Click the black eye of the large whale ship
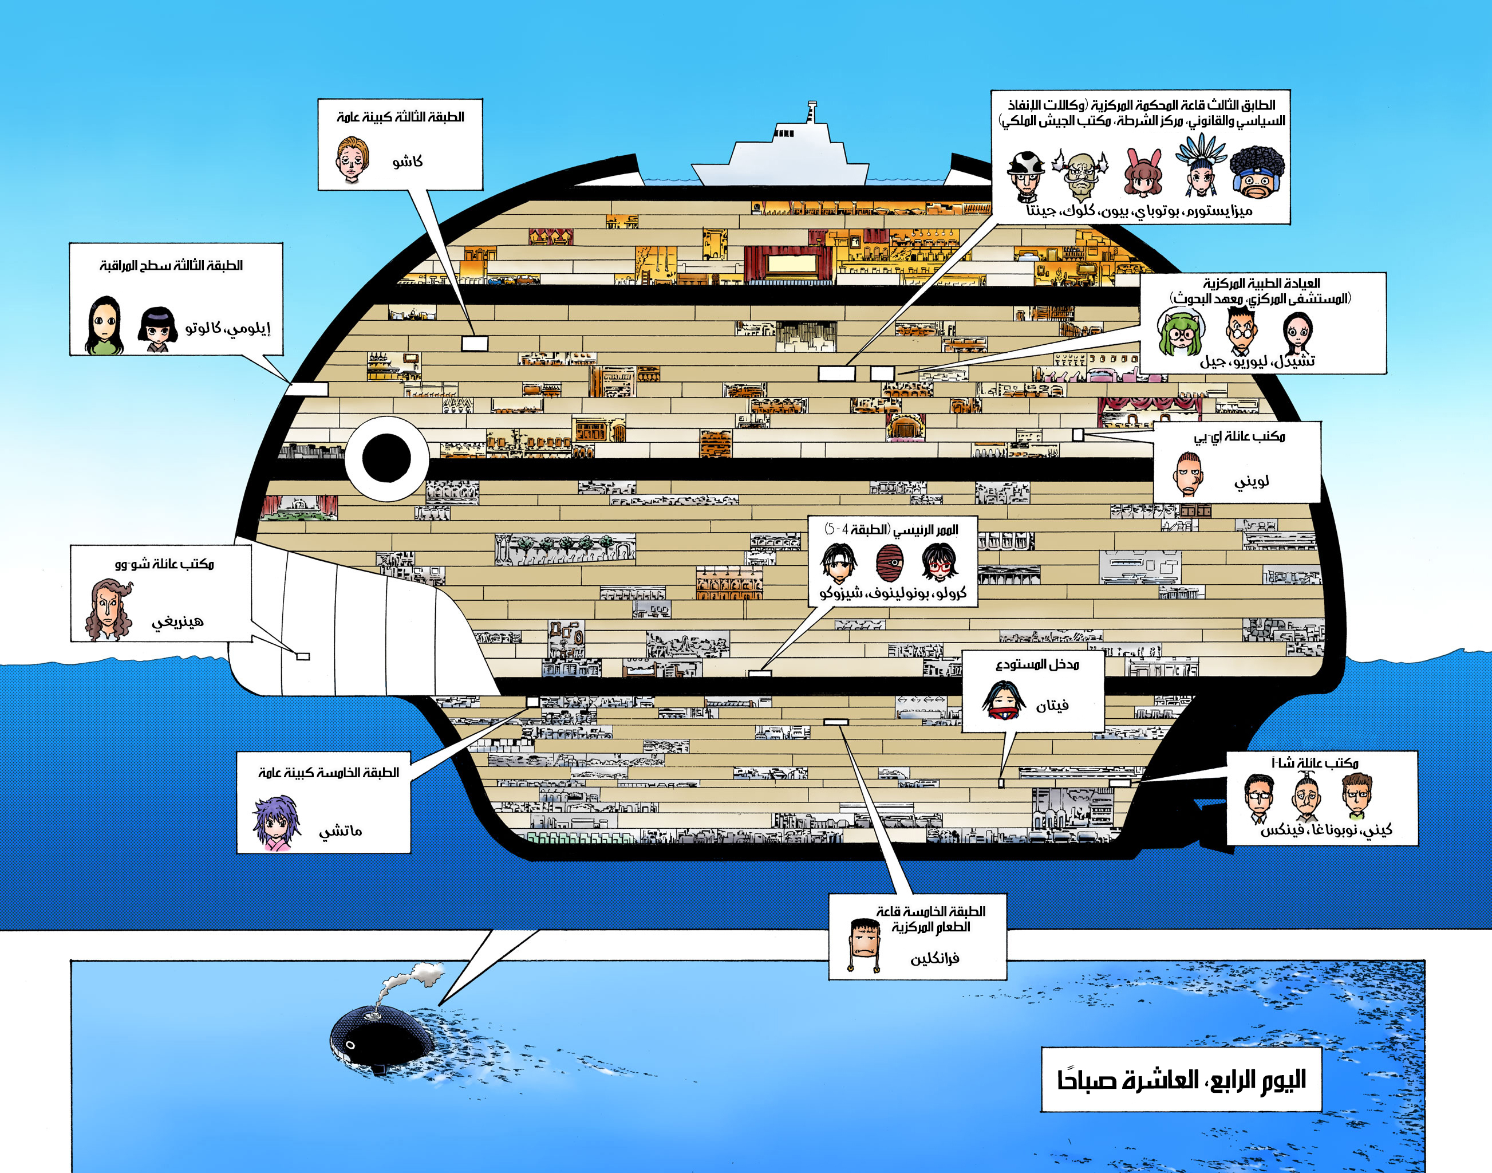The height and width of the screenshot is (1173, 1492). [386, 458]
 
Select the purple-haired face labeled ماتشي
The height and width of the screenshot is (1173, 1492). [276, 822]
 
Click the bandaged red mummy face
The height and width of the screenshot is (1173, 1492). [890, 562]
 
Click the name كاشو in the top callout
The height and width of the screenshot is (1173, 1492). [407, 162]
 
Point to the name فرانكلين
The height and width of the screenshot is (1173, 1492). [934, 959]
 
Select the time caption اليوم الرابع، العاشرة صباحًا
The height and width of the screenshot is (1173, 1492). [1181, 1080]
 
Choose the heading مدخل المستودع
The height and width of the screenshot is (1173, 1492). [1037, 664]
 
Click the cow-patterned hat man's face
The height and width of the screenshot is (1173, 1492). [1026, 175]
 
